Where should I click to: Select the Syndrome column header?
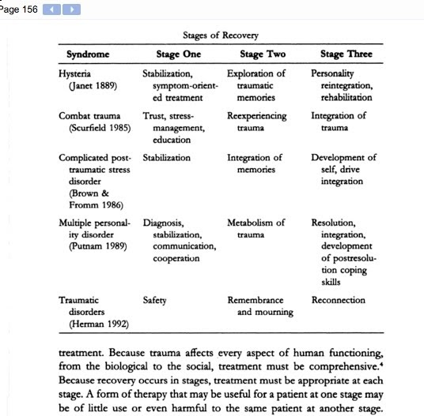88,54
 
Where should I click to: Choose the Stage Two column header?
262,54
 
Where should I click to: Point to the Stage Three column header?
346,54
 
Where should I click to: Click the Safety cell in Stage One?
154,300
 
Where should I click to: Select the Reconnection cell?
339,300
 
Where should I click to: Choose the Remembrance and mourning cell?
260,306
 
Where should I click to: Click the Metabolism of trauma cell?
256,229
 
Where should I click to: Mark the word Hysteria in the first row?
75,74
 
